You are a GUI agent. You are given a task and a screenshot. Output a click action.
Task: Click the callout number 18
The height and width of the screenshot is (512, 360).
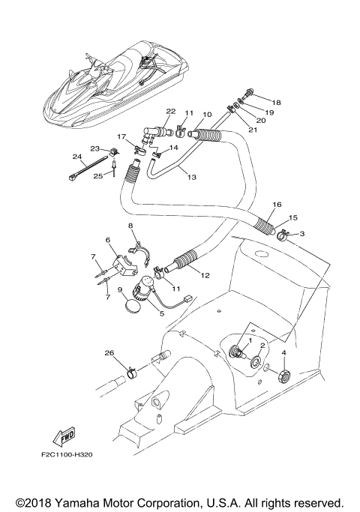277,103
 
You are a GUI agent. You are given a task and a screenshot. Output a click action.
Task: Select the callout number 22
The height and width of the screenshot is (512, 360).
171,112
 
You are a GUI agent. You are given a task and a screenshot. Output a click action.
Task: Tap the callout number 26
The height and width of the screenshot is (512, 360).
109,354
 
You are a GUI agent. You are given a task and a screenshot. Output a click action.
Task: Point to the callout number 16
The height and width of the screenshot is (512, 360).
277,205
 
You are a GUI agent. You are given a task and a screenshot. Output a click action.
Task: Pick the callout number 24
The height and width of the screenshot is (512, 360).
76,157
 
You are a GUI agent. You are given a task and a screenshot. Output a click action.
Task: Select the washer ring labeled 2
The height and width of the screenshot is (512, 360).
257,364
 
